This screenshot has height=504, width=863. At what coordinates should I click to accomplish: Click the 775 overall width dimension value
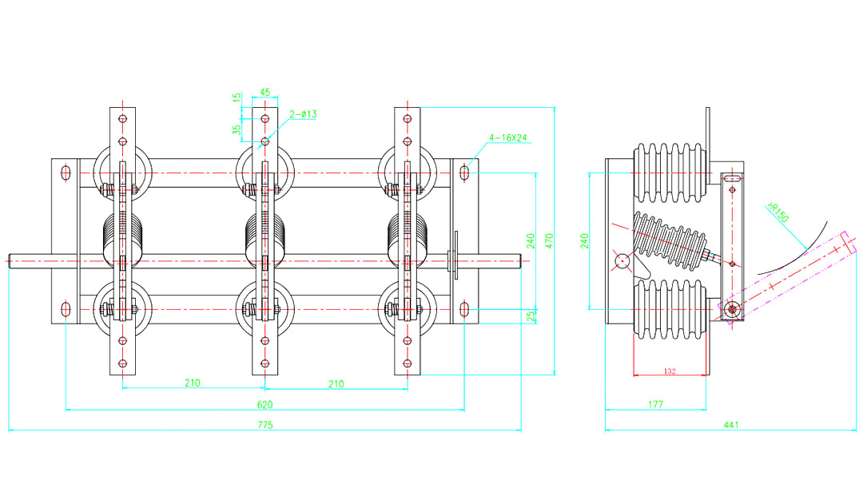click(264, 426)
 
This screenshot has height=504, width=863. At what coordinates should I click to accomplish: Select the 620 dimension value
click(264, 405)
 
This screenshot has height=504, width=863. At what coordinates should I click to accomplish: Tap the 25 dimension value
click(531, 316)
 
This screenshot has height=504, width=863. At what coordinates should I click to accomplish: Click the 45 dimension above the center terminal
click(265, 92)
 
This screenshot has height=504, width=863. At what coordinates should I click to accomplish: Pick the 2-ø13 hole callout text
click(303, 114)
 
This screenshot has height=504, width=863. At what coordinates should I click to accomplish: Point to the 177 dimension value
click(655, 405)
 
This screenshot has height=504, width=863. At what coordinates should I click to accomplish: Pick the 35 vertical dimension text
click(237, 129)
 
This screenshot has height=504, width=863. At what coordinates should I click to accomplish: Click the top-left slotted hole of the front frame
click(66, 173)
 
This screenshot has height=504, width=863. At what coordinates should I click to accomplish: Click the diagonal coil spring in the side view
click(671, 240)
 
